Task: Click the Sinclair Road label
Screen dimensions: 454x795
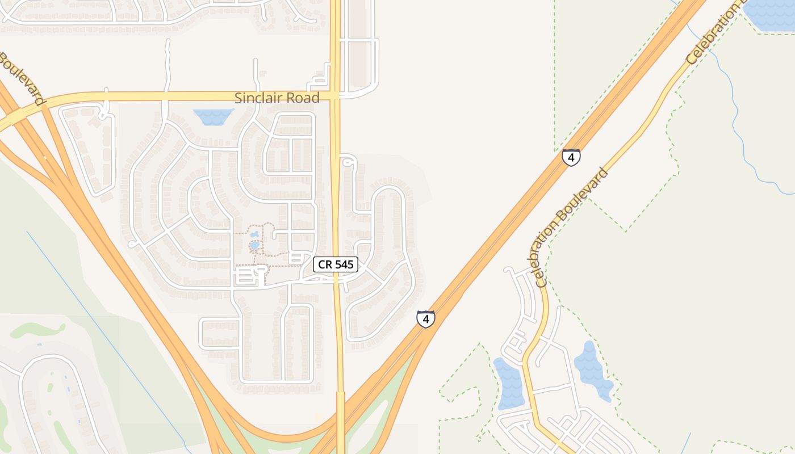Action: click(x=277, y=98)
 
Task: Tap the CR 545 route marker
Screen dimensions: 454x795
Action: click(x=336, y=264)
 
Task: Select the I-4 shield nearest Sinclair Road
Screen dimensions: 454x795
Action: click(x=571, y=157)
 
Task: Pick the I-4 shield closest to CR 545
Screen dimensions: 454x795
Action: click(x=425, y=319)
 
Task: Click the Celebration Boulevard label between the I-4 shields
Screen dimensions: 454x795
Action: click(x=571, y=227)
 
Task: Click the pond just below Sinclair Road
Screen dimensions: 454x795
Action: click(x=214, y=116)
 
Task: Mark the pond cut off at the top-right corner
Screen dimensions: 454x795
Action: click(x=769, y=14)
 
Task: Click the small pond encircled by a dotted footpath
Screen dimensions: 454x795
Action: click(x=255, y=245)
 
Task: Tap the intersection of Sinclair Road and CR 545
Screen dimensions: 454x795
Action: click(x=335, y=96)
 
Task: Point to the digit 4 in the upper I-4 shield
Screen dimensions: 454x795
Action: click(x=571, y=157)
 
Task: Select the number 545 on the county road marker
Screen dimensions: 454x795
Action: click(x=343, y=264)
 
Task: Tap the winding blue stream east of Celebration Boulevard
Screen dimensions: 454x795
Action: click(x=738, y=125)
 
